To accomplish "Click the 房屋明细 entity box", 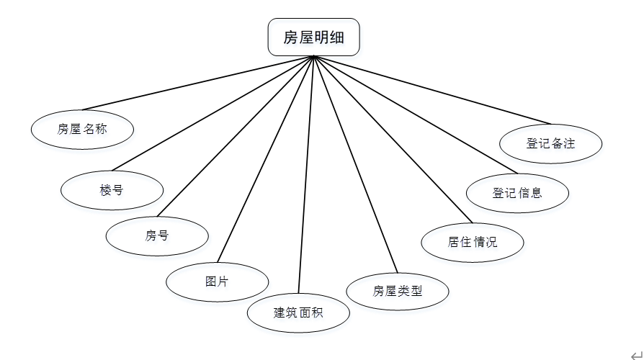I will pyautogui.click(x=313, y=37).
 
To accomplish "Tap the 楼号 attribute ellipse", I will pyautogui.click(x=112, y=190).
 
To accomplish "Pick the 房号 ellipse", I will pyautogui.click(x=157, y=235).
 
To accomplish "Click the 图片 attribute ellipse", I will pyautogui.click(x=217, y=281).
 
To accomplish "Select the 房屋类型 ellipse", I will pyautogui.click(x=398, y=291).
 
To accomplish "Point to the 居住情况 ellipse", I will pyautogui.click(x=472, y=241).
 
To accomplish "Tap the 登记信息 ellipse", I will pyautogui.click(x=517, y=192).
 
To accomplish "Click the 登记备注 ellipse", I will pyautogui.click(x=550, y=143).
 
